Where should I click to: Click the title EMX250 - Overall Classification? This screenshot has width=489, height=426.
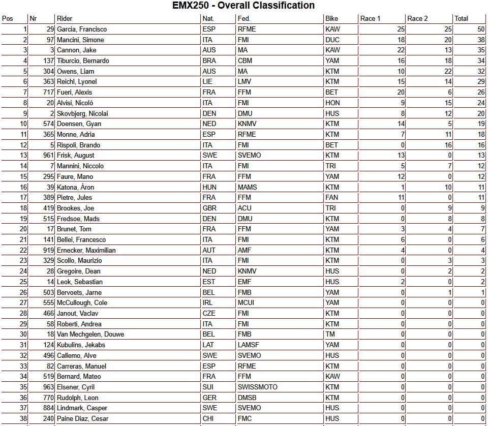coord(243,6)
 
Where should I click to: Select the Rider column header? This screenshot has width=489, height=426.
coord(65,19)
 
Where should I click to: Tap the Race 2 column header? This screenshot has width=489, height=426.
coord(418,19)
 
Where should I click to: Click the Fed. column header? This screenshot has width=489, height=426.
coord(244,19)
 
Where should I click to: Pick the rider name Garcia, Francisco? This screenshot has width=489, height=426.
coord(82,29)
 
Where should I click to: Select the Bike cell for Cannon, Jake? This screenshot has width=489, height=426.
coord(332,50)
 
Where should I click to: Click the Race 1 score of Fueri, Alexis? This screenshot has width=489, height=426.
coord(401,93)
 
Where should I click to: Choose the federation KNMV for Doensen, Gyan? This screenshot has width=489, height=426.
coord(249,124)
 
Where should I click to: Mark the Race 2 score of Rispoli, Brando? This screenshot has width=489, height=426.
coord(448,145)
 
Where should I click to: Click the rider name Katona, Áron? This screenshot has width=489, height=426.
coord(75,187)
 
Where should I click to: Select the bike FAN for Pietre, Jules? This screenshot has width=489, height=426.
coord(332,198)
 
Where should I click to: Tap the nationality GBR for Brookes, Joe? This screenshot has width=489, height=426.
coord(209,208)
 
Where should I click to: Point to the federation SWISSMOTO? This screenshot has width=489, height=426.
coord(257,387)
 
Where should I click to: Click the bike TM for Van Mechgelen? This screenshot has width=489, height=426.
coord(330,334)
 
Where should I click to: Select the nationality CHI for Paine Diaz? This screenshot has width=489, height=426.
coord(208,419)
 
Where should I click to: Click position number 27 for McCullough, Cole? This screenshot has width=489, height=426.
coord(23,303)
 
